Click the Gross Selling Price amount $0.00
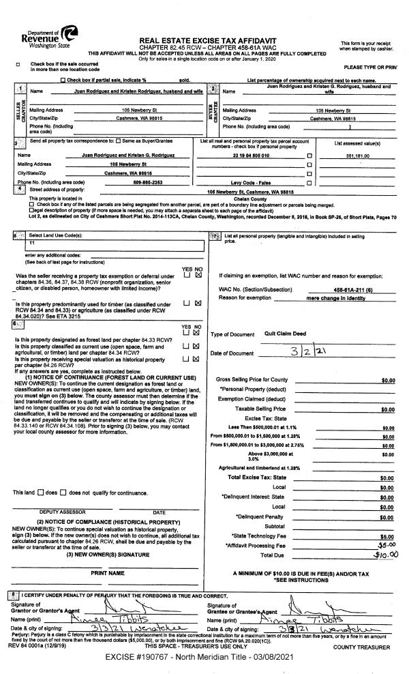point(388,380)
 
